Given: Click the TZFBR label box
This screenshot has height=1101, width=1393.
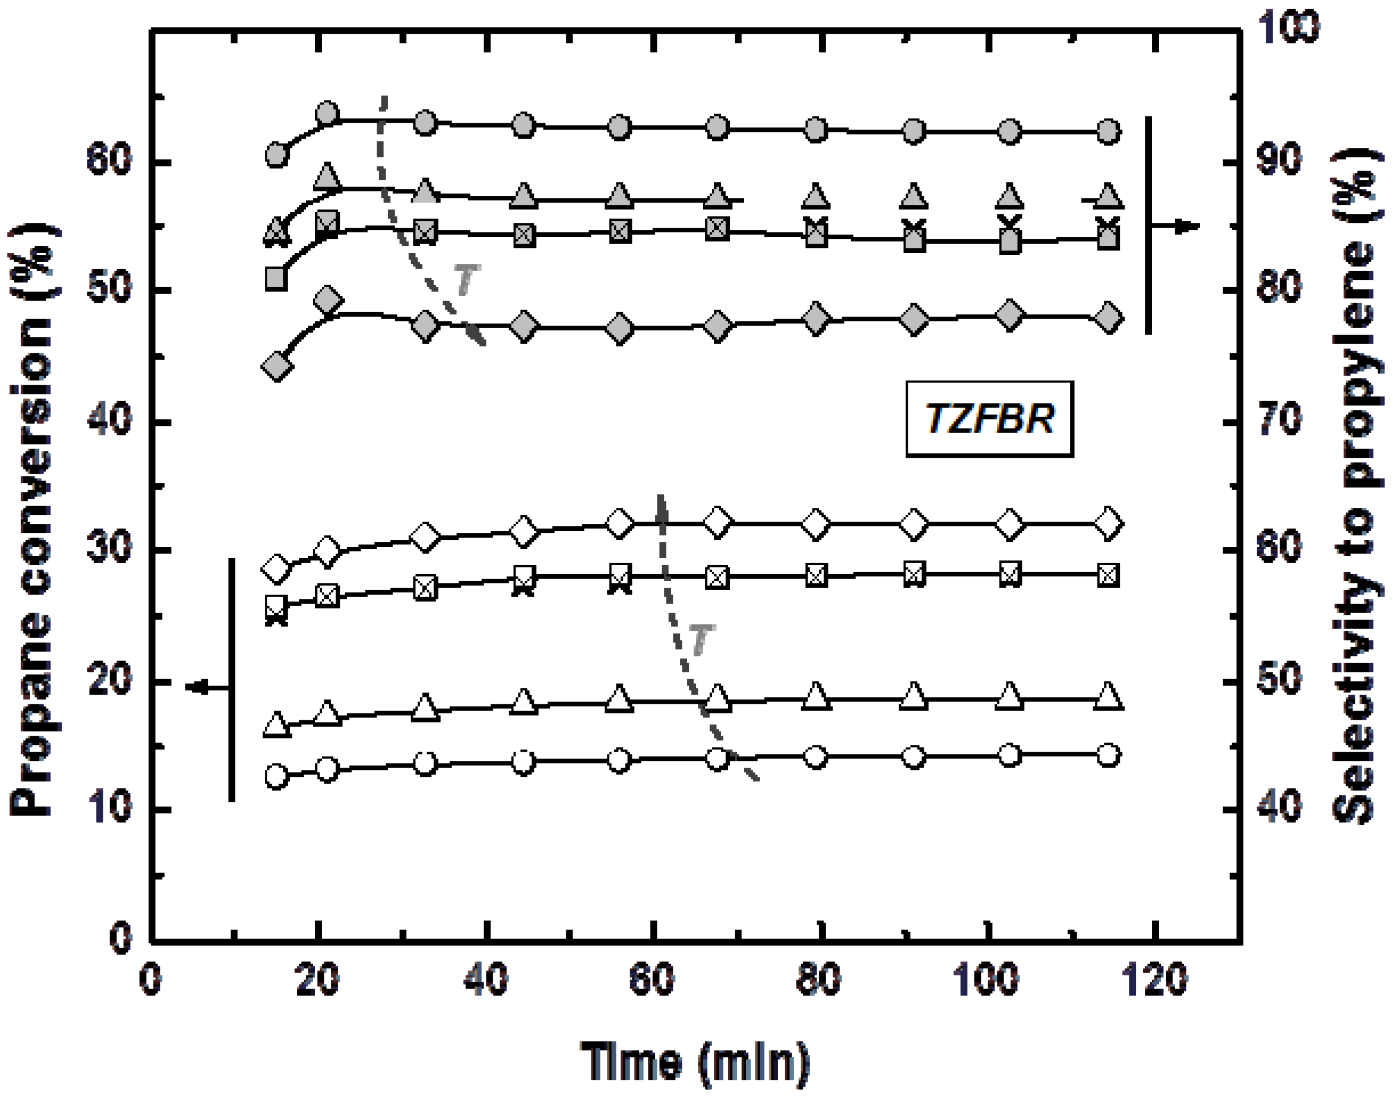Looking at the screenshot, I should (x=989, y=419).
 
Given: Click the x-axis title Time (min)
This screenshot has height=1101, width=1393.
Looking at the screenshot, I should (x=695, y=1060).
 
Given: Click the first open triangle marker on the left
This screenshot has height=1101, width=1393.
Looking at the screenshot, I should (x=276, y=724).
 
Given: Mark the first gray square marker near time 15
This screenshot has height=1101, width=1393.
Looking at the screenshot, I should (x=276, y=279).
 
